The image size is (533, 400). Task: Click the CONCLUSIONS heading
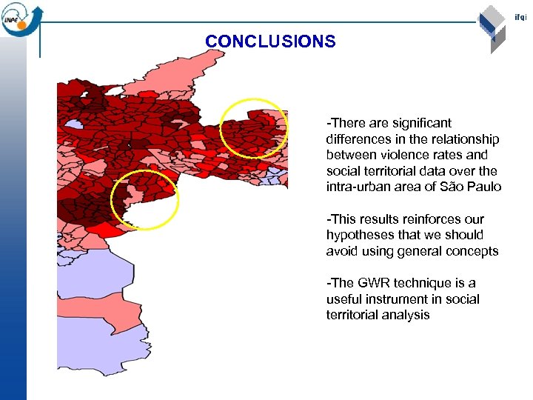pos(270,42)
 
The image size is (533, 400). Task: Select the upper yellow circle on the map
pos(254,127)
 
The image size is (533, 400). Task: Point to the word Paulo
pos(485,187)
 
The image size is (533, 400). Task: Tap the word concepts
pos(473,252)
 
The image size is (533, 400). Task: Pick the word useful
pos(343,299)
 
